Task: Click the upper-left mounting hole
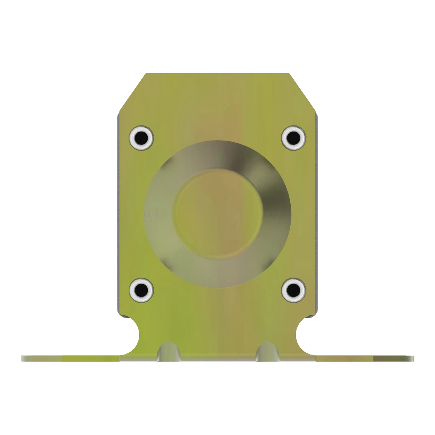[x=141, y=138]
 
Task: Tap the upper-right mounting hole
[x=294, y=138]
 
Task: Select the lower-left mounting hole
[x=141, y=290]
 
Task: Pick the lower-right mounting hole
[x=294, y=290]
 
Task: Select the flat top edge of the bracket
[x=217, y=74]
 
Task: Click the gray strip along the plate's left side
[x=118, y=214]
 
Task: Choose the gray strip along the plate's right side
[x=317, y=214]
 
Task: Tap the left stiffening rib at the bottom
[x=169, y=352]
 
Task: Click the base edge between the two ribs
[x=217, y=359]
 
